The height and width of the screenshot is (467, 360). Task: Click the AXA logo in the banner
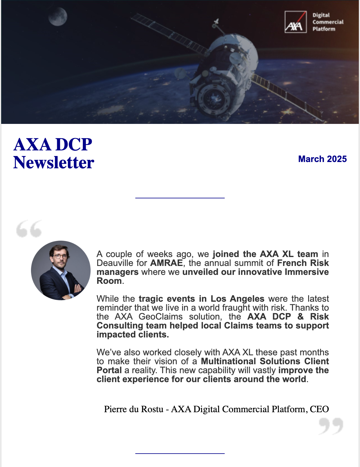[x=295, y=22]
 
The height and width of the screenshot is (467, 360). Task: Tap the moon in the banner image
[x=58, y=17]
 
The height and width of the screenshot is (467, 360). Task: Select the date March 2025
[x=322, y=159]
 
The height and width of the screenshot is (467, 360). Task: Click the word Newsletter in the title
[x=54, y=163]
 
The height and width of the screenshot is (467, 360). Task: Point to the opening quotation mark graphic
[x=29, y=229]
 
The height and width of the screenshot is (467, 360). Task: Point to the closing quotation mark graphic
[x=331, y=426]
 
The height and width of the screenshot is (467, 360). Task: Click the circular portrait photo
[x=61, y=270]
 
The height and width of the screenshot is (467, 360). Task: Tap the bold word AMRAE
[x=166, y=263]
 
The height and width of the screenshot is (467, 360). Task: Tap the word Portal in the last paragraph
[x=109, y=370]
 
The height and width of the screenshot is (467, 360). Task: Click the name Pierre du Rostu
[x=134, y=409]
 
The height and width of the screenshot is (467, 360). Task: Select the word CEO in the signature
[x=319, y=409]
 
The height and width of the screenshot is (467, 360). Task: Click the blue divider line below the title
[x=180, y=198]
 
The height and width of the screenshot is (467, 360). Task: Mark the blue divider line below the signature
[x=180, y=453]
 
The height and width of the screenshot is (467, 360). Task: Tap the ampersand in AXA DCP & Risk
[x=300, y=317]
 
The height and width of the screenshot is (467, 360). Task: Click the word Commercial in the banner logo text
[x=328, y=22]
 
